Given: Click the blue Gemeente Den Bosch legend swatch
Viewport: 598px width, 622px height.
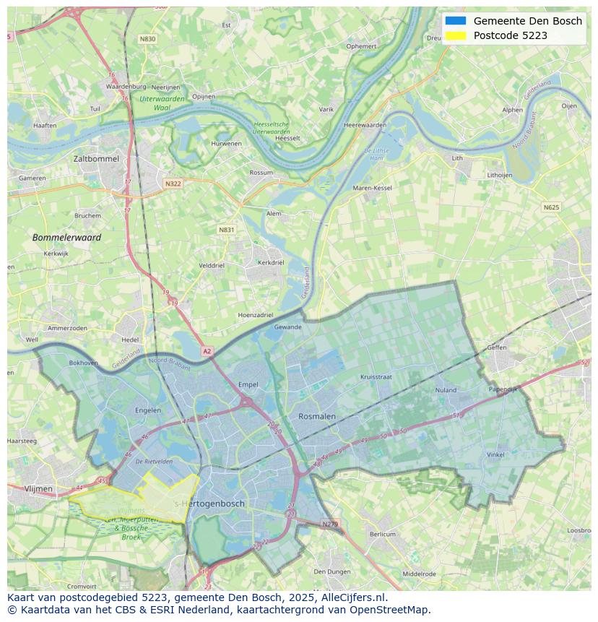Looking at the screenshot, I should (456, 21).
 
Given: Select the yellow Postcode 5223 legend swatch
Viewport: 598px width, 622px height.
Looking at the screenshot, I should (456, 35).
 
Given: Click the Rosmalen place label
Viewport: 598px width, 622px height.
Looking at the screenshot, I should (317, 416).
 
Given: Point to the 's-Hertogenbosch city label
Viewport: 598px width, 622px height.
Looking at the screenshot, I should (210, 504).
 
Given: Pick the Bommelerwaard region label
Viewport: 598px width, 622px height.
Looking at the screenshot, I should (66, 237).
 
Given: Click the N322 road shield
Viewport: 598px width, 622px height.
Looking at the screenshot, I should (173, 183).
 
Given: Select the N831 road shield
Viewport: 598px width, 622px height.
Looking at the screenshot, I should (226, 230).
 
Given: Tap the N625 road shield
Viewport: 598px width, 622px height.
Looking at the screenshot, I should (551, 207).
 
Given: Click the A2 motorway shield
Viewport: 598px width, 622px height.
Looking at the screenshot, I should (207, 351).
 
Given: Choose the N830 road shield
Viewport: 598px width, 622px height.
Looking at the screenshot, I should (147, 39).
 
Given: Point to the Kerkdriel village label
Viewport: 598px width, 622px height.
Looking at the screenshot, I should (271, 263).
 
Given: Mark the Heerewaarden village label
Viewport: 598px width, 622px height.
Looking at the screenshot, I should (365, 125).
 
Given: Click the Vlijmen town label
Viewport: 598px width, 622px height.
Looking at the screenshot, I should (38, 488).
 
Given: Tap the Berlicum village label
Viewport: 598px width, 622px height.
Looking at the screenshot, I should (383, 534).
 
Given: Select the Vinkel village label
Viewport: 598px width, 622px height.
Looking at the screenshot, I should (495, 454).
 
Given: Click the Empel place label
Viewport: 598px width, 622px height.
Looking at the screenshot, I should (248, 385).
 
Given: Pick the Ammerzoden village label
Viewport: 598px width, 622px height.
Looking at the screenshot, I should (67, 328).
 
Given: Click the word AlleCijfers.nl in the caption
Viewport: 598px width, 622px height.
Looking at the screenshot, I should (352, 597).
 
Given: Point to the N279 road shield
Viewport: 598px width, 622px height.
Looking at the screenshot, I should (330, 524).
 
